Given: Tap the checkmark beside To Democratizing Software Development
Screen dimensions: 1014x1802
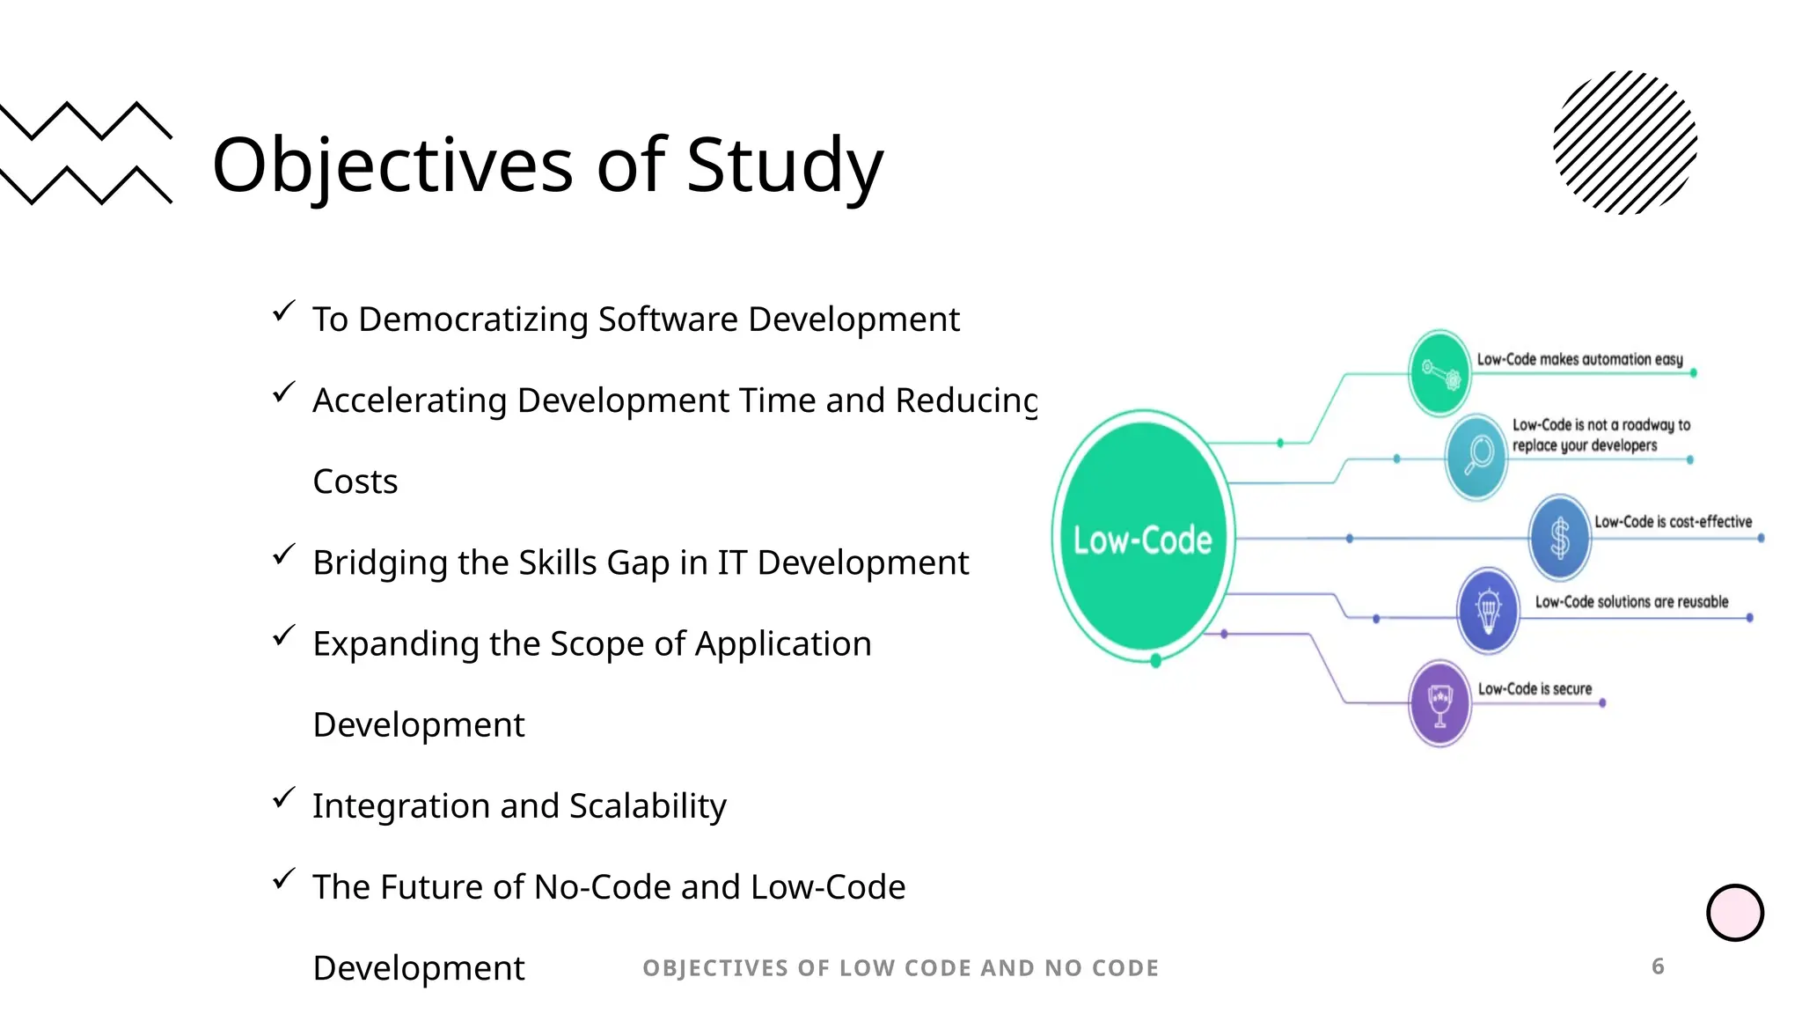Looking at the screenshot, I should click(283, 311).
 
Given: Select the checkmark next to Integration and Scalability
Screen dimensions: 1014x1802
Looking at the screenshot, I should click(283, 797).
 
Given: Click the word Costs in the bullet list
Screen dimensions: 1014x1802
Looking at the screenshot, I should click(355, 481).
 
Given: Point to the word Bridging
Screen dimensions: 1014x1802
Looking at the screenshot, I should click(379, 562).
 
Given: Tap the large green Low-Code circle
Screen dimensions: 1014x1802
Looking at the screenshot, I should click(1143, 536).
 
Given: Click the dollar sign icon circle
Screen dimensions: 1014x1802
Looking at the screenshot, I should click(1559, 538).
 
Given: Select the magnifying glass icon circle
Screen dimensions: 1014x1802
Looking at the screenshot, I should click(1477, 456).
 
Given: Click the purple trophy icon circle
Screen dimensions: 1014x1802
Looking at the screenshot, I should click(1439, 703).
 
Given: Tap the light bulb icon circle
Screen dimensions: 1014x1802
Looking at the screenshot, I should click(1488, 610).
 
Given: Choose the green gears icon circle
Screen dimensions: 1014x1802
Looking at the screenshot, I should click(1439, 373).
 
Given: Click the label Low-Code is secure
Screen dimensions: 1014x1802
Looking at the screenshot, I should click(1535, 689).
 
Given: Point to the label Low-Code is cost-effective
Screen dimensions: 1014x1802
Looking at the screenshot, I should click(1673, 522).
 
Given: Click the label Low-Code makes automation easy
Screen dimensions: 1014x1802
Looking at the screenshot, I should click(1579, 359).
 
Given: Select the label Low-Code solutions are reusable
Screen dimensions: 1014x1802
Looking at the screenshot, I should click(1631, 602).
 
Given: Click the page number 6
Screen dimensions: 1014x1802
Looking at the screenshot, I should click(1658, 966).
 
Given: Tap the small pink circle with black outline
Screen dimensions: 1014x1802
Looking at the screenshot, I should click(1734, 913).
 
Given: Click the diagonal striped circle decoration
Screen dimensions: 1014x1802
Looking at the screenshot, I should click(1625, 143).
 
